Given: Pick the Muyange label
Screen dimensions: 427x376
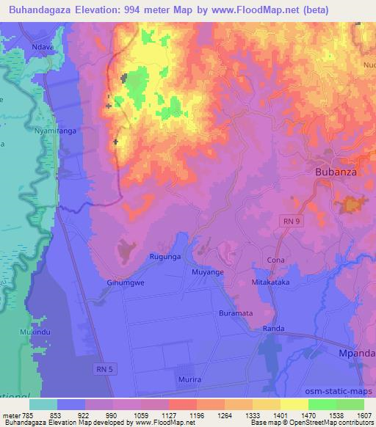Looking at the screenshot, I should [208, 271].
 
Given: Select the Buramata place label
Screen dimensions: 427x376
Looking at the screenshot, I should [236, 313].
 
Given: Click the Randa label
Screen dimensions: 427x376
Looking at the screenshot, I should [274, 329].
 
